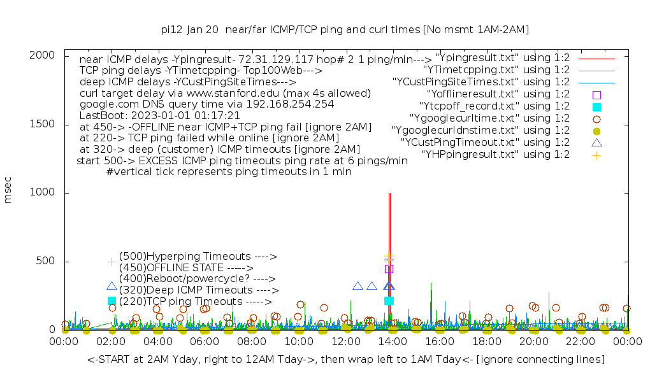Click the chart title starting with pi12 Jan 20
coord(345,29)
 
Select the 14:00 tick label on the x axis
coord(393,342)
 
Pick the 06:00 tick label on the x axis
coord(205,342)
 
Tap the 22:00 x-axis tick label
coord(581,342)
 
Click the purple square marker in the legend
coord(596,94)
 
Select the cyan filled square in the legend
coord(596,106)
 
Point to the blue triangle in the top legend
coord(596,143)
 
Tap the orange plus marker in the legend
coord(596,155)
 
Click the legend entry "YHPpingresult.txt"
coord(495,155)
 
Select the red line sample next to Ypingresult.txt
coord(596,58)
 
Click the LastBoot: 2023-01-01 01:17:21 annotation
coord(159,116)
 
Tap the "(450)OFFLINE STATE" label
coord(186,268)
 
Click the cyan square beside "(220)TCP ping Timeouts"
coord(112,301)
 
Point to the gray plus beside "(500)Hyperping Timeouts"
coord(112,262)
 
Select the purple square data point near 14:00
coord(389,269)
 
